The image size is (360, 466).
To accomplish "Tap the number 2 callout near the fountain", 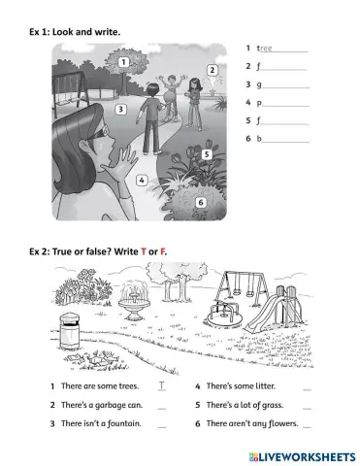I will pos(213,71).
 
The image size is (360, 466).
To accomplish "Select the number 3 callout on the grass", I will pos(120,110).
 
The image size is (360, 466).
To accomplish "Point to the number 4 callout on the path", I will pos(142,180).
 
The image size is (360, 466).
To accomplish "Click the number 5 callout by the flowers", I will pos(207,153).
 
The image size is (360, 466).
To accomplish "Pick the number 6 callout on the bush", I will pos(201,202).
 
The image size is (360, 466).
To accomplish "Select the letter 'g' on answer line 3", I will pos(259,84).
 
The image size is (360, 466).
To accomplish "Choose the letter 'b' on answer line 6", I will pos(259,140).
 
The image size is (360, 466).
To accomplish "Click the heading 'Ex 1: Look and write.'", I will pos(77,32).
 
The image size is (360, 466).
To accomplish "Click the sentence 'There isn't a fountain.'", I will pos(102,423).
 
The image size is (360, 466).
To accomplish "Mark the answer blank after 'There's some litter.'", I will pos(307,387).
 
